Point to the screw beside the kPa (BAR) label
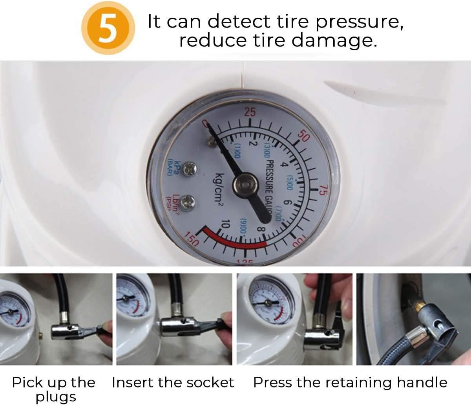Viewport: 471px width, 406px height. (x=191, y=169)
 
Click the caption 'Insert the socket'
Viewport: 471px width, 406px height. (x=173, y=382)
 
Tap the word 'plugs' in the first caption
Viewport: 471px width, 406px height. (x=56, y=397)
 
